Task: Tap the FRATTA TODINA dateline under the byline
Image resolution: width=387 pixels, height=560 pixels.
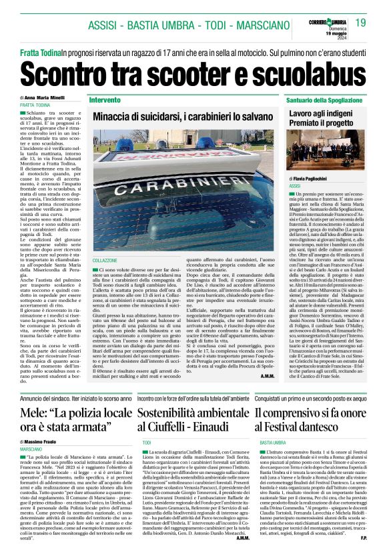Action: coord(37,105)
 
